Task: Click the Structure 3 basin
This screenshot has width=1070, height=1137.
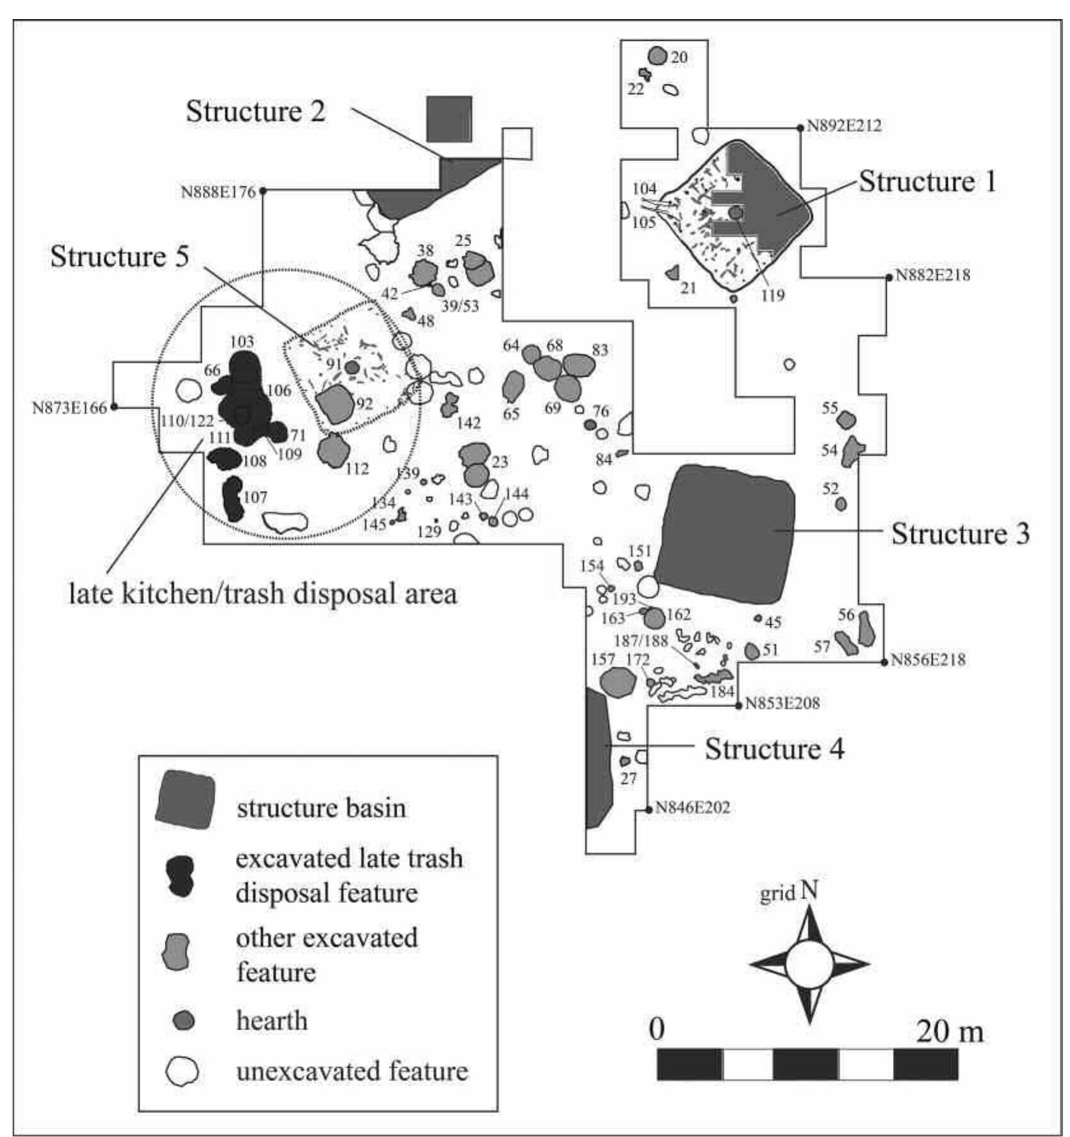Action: pyautogui.click(x=725, y=534)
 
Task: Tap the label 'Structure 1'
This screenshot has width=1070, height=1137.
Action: pyautogui.click(x=927, y=182)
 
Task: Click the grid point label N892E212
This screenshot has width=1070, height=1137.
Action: pyautogui.click(x=844, y=126)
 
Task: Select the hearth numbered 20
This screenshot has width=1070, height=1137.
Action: pyautogui.click(x=657, y=56)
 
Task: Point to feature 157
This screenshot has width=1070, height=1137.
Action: pyautogui.click(x=618, y=682)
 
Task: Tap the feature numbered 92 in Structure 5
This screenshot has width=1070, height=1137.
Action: pyautogui.click(x=335, y=404)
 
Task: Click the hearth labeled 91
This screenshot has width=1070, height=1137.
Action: pyautogui.click(x=352, y=368)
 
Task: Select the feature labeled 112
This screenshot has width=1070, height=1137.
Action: pyautogui.click(x=333, y=450)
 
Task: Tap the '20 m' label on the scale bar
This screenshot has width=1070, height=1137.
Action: pyautogui.click(x=949, y=1031)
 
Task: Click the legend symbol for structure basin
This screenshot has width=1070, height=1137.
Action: pyautogui.click(x=184, y=799)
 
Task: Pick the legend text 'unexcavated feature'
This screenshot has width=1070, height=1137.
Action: pyautogui.click(x=352, y=1072)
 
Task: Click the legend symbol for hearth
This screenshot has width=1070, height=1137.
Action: pyautogui.click(x=184, y=1021)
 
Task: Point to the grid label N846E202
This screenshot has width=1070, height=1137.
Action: pyautogui.click(x=692, y=808)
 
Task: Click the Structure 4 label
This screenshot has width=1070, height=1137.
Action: pyautogui.click(x=774, y=749)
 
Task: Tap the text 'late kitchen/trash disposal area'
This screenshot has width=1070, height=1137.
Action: pyautogui.click(x=263, y=594)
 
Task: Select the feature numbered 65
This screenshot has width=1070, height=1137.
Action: pyautogui.click(x=513, y=386)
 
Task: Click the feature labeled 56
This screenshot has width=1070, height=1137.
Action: pyautogui.click(x=865, y=628)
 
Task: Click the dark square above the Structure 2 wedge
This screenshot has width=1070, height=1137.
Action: pyautogui.click(x=449, y=119)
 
